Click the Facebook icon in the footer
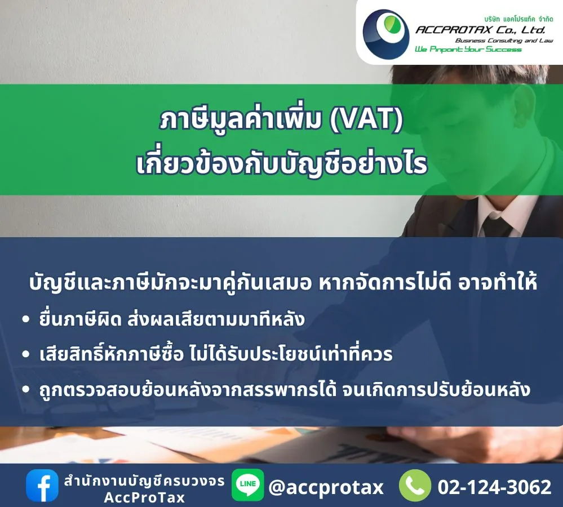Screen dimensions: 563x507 click(42, 485)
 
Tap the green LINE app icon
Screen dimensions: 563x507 click(248, 485)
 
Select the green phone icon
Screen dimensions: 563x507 click(415, 486)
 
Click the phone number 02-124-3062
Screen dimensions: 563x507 click(494, 487)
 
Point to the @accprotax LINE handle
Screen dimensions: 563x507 click(326, 487)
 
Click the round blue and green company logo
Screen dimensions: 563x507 click(386, 34)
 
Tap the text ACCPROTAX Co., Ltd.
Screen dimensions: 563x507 click(480, 29)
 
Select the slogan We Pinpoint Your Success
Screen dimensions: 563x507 click(468, 49)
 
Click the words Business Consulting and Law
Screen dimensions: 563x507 click(504, 40)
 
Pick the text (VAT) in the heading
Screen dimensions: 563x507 click(366, 119)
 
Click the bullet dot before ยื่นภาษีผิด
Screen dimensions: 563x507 click(25, 319)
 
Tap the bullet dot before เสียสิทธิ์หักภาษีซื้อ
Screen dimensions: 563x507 click(25, 354)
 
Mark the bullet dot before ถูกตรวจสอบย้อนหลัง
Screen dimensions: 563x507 click(25, 389)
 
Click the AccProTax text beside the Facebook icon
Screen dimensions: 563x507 click(144, 497)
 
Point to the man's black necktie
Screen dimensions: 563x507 click(497, 223)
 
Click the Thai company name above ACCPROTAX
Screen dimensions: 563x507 click(518, 19)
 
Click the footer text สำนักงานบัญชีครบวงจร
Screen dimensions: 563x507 click(144, 481)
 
